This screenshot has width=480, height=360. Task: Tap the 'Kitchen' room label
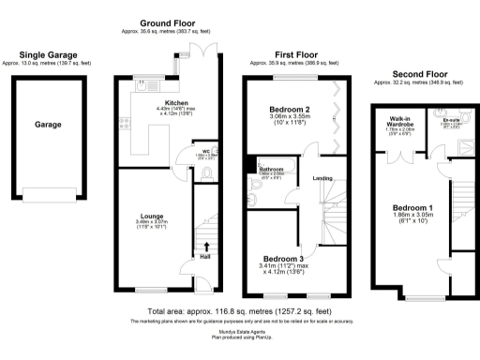[177, 102]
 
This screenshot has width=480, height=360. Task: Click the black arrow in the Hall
[206, 247]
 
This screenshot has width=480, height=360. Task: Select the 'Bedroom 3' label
[283, 258]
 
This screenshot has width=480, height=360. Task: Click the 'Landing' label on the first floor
[322, 177]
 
